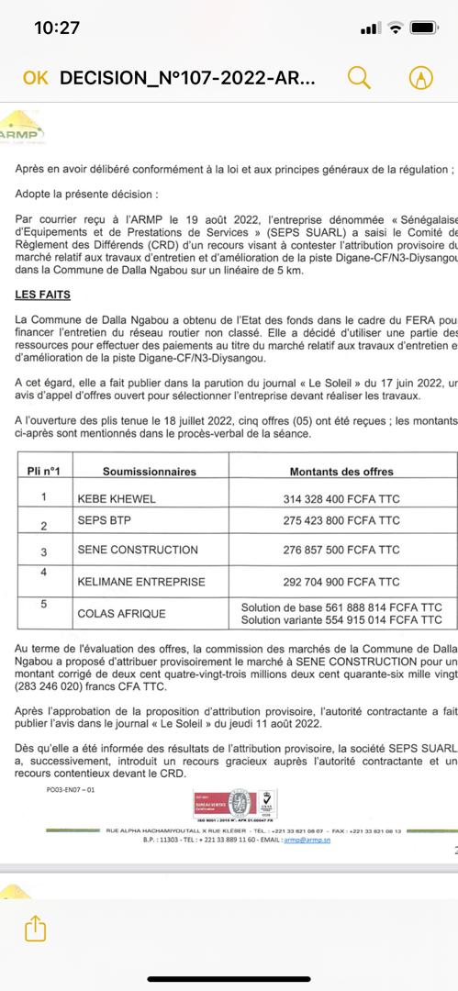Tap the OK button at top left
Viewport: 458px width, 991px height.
(x=35, y=78)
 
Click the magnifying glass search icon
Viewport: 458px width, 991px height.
(x=359, y=78)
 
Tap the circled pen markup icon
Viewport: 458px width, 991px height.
(x=421, y=78)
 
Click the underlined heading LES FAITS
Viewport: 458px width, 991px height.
(x=42, y=270)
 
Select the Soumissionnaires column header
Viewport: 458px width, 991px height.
(x=149, y=472)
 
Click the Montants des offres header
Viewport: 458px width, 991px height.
(x=341, y=472)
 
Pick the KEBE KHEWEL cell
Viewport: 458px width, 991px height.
(x=117, y=499)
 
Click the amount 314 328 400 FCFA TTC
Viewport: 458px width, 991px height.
(x=341, y=499)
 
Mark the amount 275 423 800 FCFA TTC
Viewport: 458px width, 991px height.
(x=341, y=521)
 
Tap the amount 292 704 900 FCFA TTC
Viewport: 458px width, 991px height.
(x=341, y=582)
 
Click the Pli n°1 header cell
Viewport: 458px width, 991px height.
(x=43, y=472)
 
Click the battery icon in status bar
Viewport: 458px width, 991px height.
(x=424, y=28)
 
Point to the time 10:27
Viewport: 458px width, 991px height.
(x=57, y=28)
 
